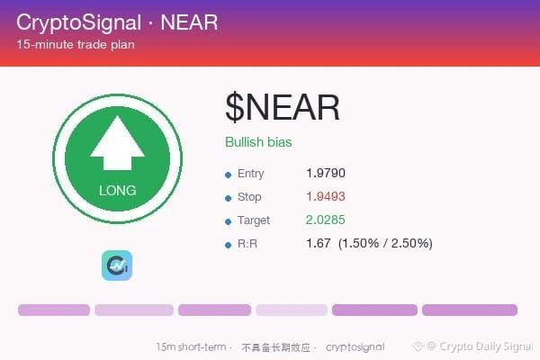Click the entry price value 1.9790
point(326,173)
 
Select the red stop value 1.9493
point(326,196)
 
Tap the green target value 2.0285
point(326,220)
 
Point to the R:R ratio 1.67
point(319,243)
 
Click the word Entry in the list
point(251,174)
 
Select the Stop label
point(249,197)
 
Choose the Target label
point(254,220)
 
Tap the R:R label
point(247,244)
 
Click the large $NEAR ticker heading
point(282,107)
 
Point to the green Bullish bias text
point(258,142)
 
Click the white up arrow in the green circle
point(117,142)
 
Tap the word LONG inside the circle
point(117,191)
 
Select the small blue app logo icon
point(117,265)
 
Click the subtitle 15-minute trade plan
point(76,44)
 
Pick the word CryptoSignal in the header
point(79,22)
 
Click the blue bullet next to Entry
point(228,175)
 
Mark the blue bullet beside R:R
point(228,246)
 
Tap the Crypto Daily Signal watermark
point(473,346)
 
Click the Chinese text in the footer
point(276,347)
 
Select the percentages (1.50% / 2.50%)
point(385,243)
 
